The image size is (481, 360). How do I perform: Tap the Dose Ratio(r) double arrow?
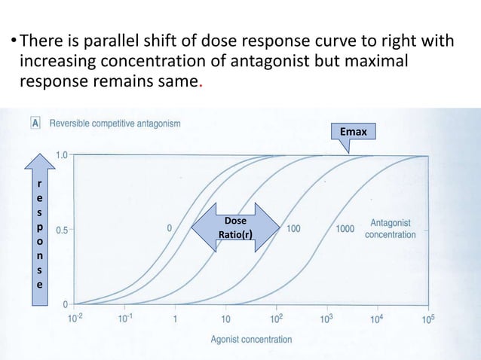(234, 227)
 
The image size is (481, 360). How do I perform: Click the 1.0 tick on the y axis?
(60, 155)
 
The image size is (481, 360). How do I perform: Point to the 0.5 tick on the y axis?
(60, 230)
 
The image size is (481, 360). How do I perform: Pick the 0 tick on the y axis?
(65, 304)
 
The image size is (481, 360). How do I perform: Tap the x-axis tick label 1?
(176, 319)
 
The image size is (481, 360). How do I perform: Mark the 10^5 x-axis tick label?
(428, 319)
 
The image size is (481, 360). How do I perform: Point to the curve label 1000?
(345, 228)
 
